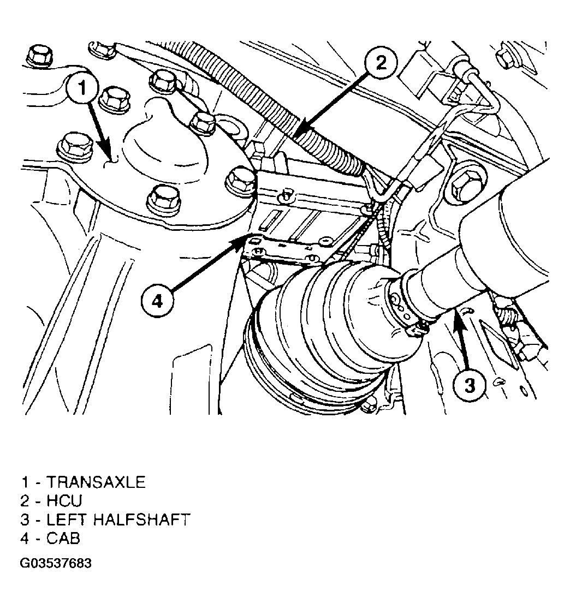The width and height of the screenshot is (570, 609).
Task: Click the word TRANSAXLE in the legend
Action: click(96, 482)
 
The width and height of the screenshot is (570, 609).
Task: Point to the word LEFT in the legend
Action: click(68, 520)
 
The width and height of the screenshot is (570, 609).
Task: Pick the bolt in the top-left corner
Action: click(37, 56)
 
